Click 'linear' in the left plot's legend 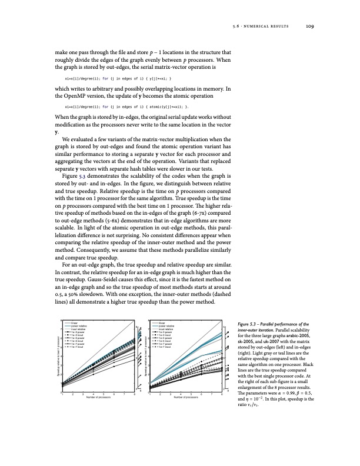point(75,322)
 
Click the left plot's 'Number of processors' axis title point(98,398)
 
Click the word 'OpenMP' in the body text point(75,95)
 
